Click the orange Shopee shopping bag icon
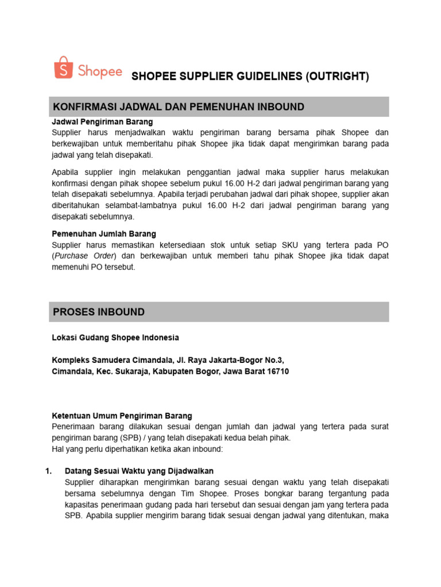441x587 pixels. pos(63,68)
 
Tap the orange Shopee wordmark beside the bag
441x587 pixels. pos(100,72)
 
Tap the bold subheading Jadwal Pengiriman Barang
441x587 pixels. pos(102,122)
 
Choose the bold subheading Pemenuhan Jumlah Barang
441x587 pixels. pos(104,234)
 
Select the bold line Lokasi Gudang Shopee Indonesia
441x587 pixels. pos(115,337)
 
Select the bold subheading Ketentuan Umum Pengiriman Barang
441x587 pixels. pos(122,416)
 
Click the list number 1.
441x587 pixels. pos(48,471)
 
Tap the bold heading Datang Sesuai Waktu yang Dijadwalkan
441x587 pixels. pos(140,471)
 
